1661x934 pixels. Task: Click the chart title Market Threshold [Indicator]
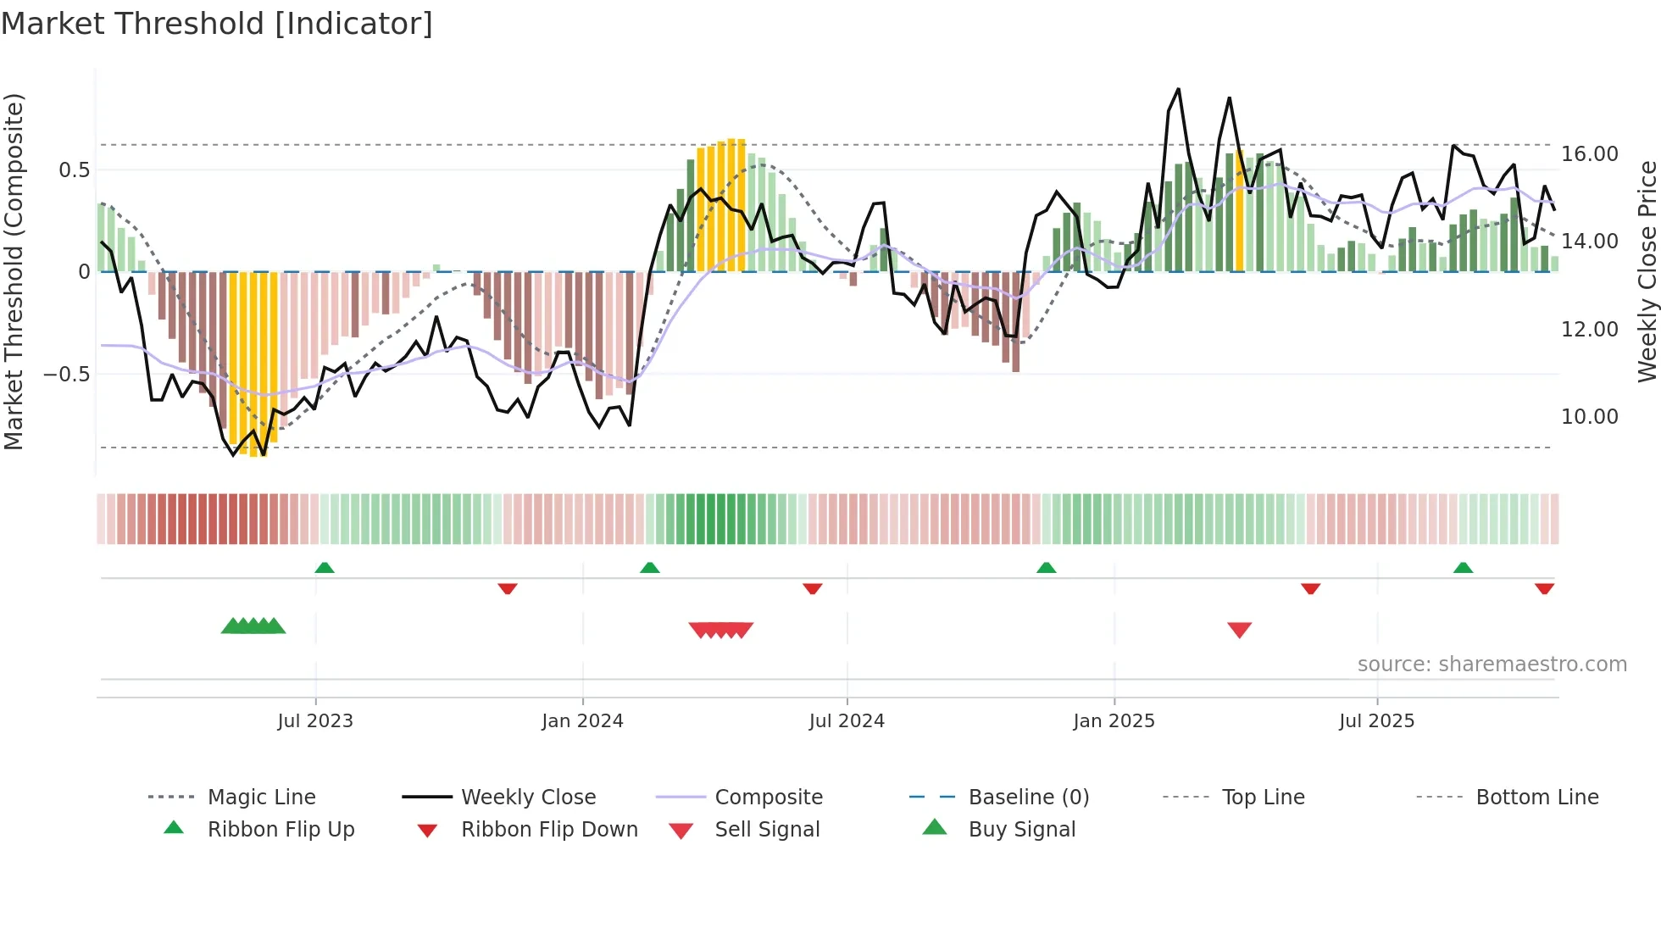tap(217, 24)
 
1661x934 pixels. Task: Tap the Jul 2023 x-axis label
tap(315, 720)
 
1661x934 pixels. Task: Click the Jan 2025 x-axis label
tap(1114, 720)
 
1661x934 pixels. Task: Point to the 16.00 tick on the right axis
tap(1589, 154)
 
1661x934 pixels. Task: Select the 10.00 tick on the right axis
tap(1589, 416)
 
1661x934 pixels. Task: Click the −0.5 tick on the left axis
tap(66, 374)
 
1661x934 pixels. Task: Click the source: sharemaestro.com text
tap(1492, 664)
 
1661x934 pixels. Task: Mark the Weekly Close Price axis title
tap(1647, 271)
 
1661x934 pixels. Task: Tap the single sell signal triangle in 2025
tap(1239, 630)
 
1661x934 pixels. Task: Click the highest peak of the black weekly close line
tap(1178, 90)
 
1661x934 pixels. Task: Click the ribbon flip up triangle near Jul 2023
tap(325, 568)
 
